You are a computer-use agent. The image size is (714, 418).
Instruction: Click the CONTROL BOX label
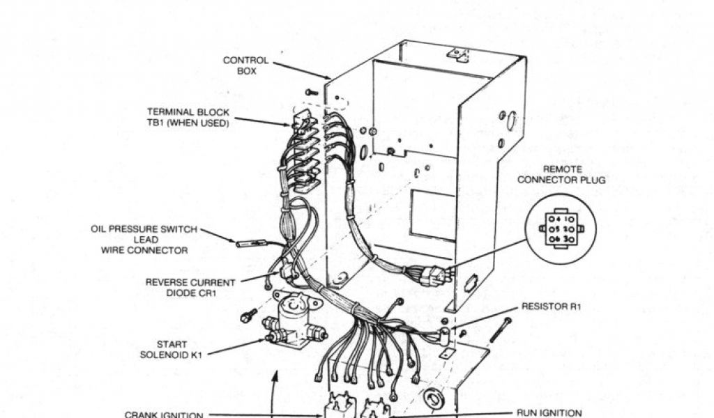[x=245, y=65]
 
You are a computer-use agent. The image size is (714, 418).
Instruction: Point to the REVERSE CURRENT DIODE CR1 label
[x=190, y=288]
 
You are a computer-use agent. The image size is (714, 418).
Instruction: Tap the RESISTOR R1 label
[x=551, y=307]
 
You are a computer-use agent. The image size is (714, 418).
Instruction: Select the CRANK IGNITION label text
[x=163, y=413]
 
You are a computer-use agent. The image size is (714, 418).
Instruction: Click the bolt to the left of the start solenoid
[x=246, y=317]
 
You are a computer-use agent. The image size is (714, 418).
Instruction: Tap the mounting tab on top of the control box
[x=457, y=54]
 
